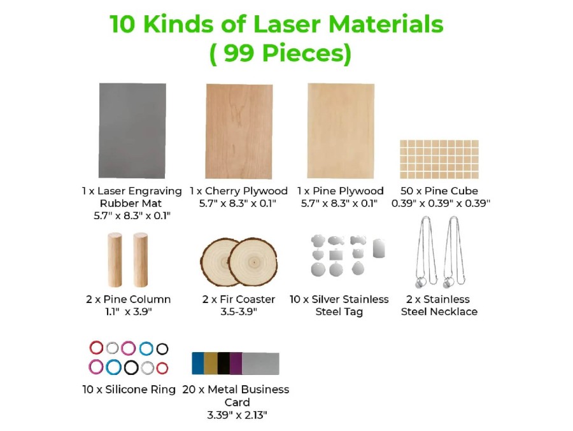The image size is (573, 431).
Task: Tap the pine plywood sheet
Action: coord(341,131)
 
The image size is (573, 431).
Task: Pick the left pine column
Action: coord(115,260)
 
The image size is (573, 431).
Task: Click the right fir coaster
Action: coord(254,262)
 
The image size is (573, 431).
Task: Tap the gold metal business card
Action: coord(210,363)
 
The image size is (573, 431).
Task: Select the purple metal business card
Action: coord(236,363)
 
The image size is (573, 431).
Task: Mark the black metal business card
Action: coord(223,363)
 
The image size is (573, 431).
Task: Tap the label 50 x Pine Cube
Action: coord(438,191)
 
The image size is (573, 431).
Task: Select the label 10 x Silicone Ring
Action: coord(129,390)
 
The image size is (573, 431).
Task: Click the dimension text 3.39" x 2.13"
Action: coord(237,415)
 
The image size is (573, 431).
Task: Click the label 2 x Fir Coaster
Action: coord(239,299)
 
